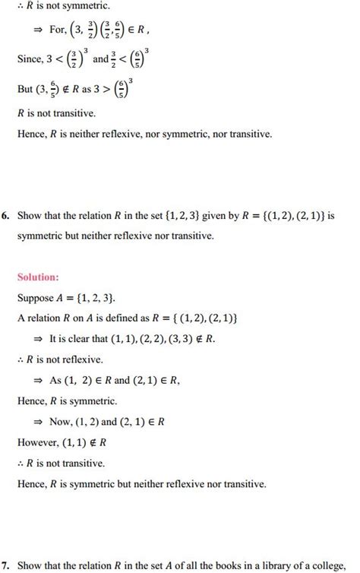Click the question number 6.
[5, 216]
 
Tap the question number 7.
[5, 564]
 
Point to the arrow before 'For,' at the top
[36, 35]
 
